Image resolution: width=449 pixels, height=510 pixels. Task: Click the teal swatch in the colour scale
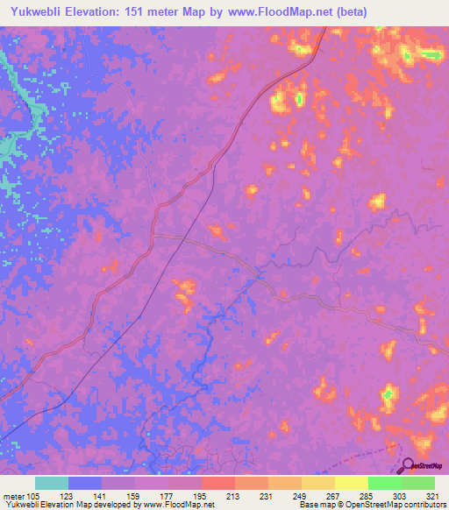click(x=52, y=483)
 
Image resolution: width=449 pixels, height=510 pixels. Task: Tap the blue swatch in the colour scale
click(x=85, y=483)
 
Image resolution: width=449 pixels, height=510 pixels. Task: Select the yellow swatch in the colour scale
click(x=352, y=483)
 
